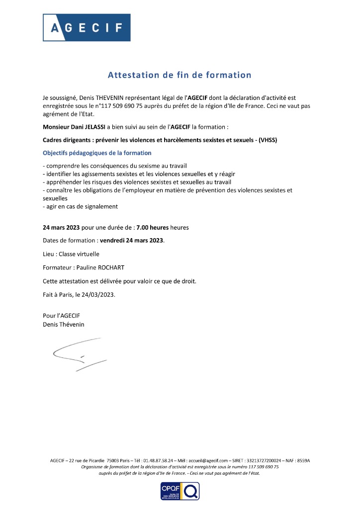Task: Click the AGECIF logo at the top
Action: pos(87,27)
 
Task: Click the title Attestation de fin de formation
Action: pos(180,75)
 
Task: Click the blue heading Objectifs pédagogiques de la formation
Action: pos(97,153)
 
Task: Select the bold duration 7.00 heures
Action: pos(152,228)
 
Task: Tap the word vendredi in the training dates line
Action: pos(113,241)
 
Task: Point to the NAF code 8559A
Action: pos(302,461)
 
